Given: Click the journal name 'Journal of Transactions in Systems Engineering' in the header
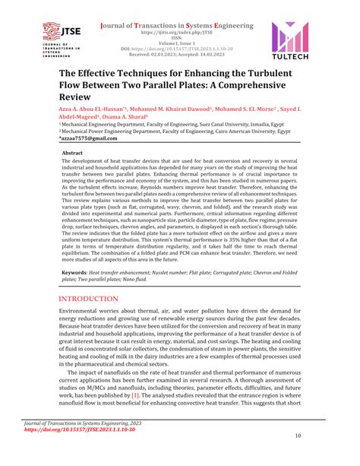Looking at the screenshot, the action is tap(178, 25).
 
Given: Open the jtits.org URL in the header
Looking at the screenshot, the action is tap(178, 33).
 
